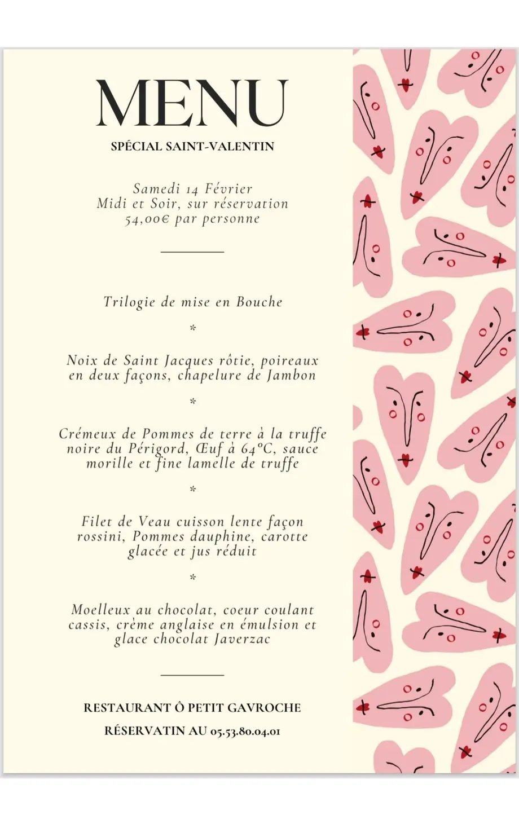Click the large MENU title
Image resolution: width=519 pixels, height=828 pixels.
coord(192,103)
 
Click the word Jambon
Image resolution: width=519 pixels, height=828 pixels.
coord(292,376)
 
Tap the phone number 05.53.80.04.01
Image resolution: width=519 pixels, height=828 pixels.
coord(245,731)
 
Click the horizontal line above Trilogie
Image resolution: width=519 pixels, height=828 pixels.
coord(192,252)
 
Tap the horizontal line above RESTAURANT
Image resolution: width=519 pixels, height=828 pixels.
coord(192,674)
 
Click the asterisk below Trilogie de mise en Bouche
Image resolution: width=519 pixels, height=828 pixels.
coord(192,328)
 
